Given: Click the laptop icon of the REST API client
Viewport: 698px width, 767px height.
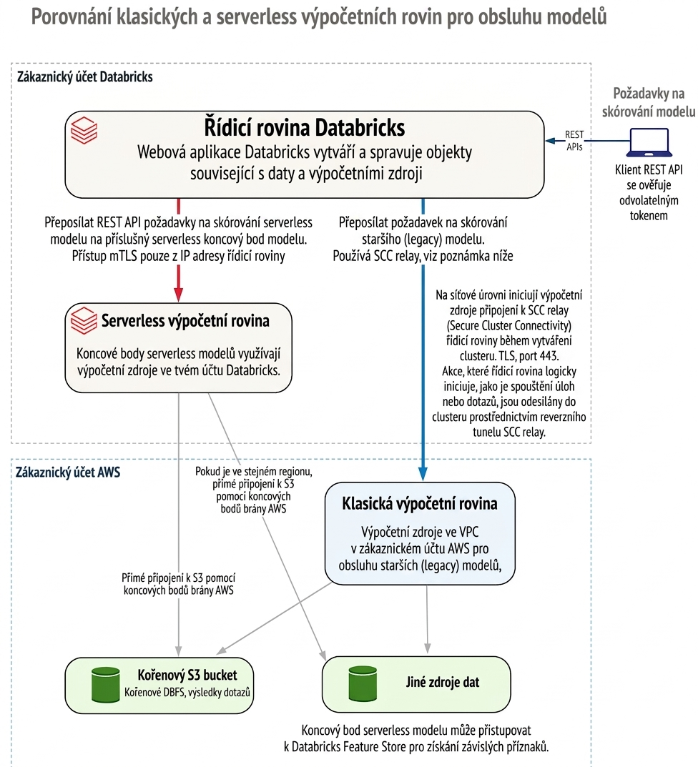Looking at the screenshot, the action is (649, 142).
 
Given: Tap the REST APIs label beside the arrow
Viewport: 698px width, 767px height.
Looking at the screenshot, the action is (574, 140).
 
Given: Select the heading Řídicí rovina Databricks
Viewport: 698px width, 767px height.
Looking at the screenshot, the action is (305, 128).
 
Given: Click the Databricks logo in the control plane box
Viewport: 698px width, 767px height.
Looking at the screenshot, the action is (84, 130).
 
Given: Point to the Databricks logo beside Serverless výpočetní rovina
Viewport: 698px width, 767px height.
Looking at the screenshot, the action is (84, 320).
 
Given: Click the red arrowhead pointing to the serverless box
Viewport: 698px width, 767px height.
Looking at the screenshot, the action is (179, 295).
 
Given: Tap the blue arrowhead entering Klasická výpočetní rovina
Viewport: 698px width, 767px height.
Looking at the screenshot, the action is (423, 473).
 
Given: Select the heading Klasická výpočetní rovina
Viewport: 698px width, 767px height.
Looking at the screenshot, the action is (420, 503).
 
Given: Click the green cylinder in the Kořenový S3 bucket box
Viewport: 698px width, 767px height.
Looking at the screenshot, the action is (106, 684).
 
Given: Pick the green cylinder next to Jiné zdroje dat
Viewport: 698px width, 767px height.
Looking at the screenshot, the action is (363, 683).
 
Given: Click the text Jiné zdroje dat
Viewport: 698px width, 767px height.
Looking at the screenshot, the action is (443, 683).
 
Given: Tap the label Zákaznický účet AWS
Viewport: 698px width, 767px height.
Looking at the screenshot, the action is (68, 472).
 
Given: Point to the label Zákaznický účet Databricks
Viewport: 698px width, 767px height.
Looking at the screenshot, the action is (84, 76).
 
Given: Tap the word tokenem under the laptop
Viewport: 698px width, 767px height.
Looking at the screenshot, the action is (649, 215).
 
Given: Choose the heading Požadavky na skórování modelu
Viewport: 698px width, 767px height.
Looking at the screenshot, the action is (649, 102).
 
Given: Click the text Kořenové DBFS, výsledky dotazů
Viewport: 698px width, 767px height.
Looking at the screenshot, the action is (187, 692).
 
